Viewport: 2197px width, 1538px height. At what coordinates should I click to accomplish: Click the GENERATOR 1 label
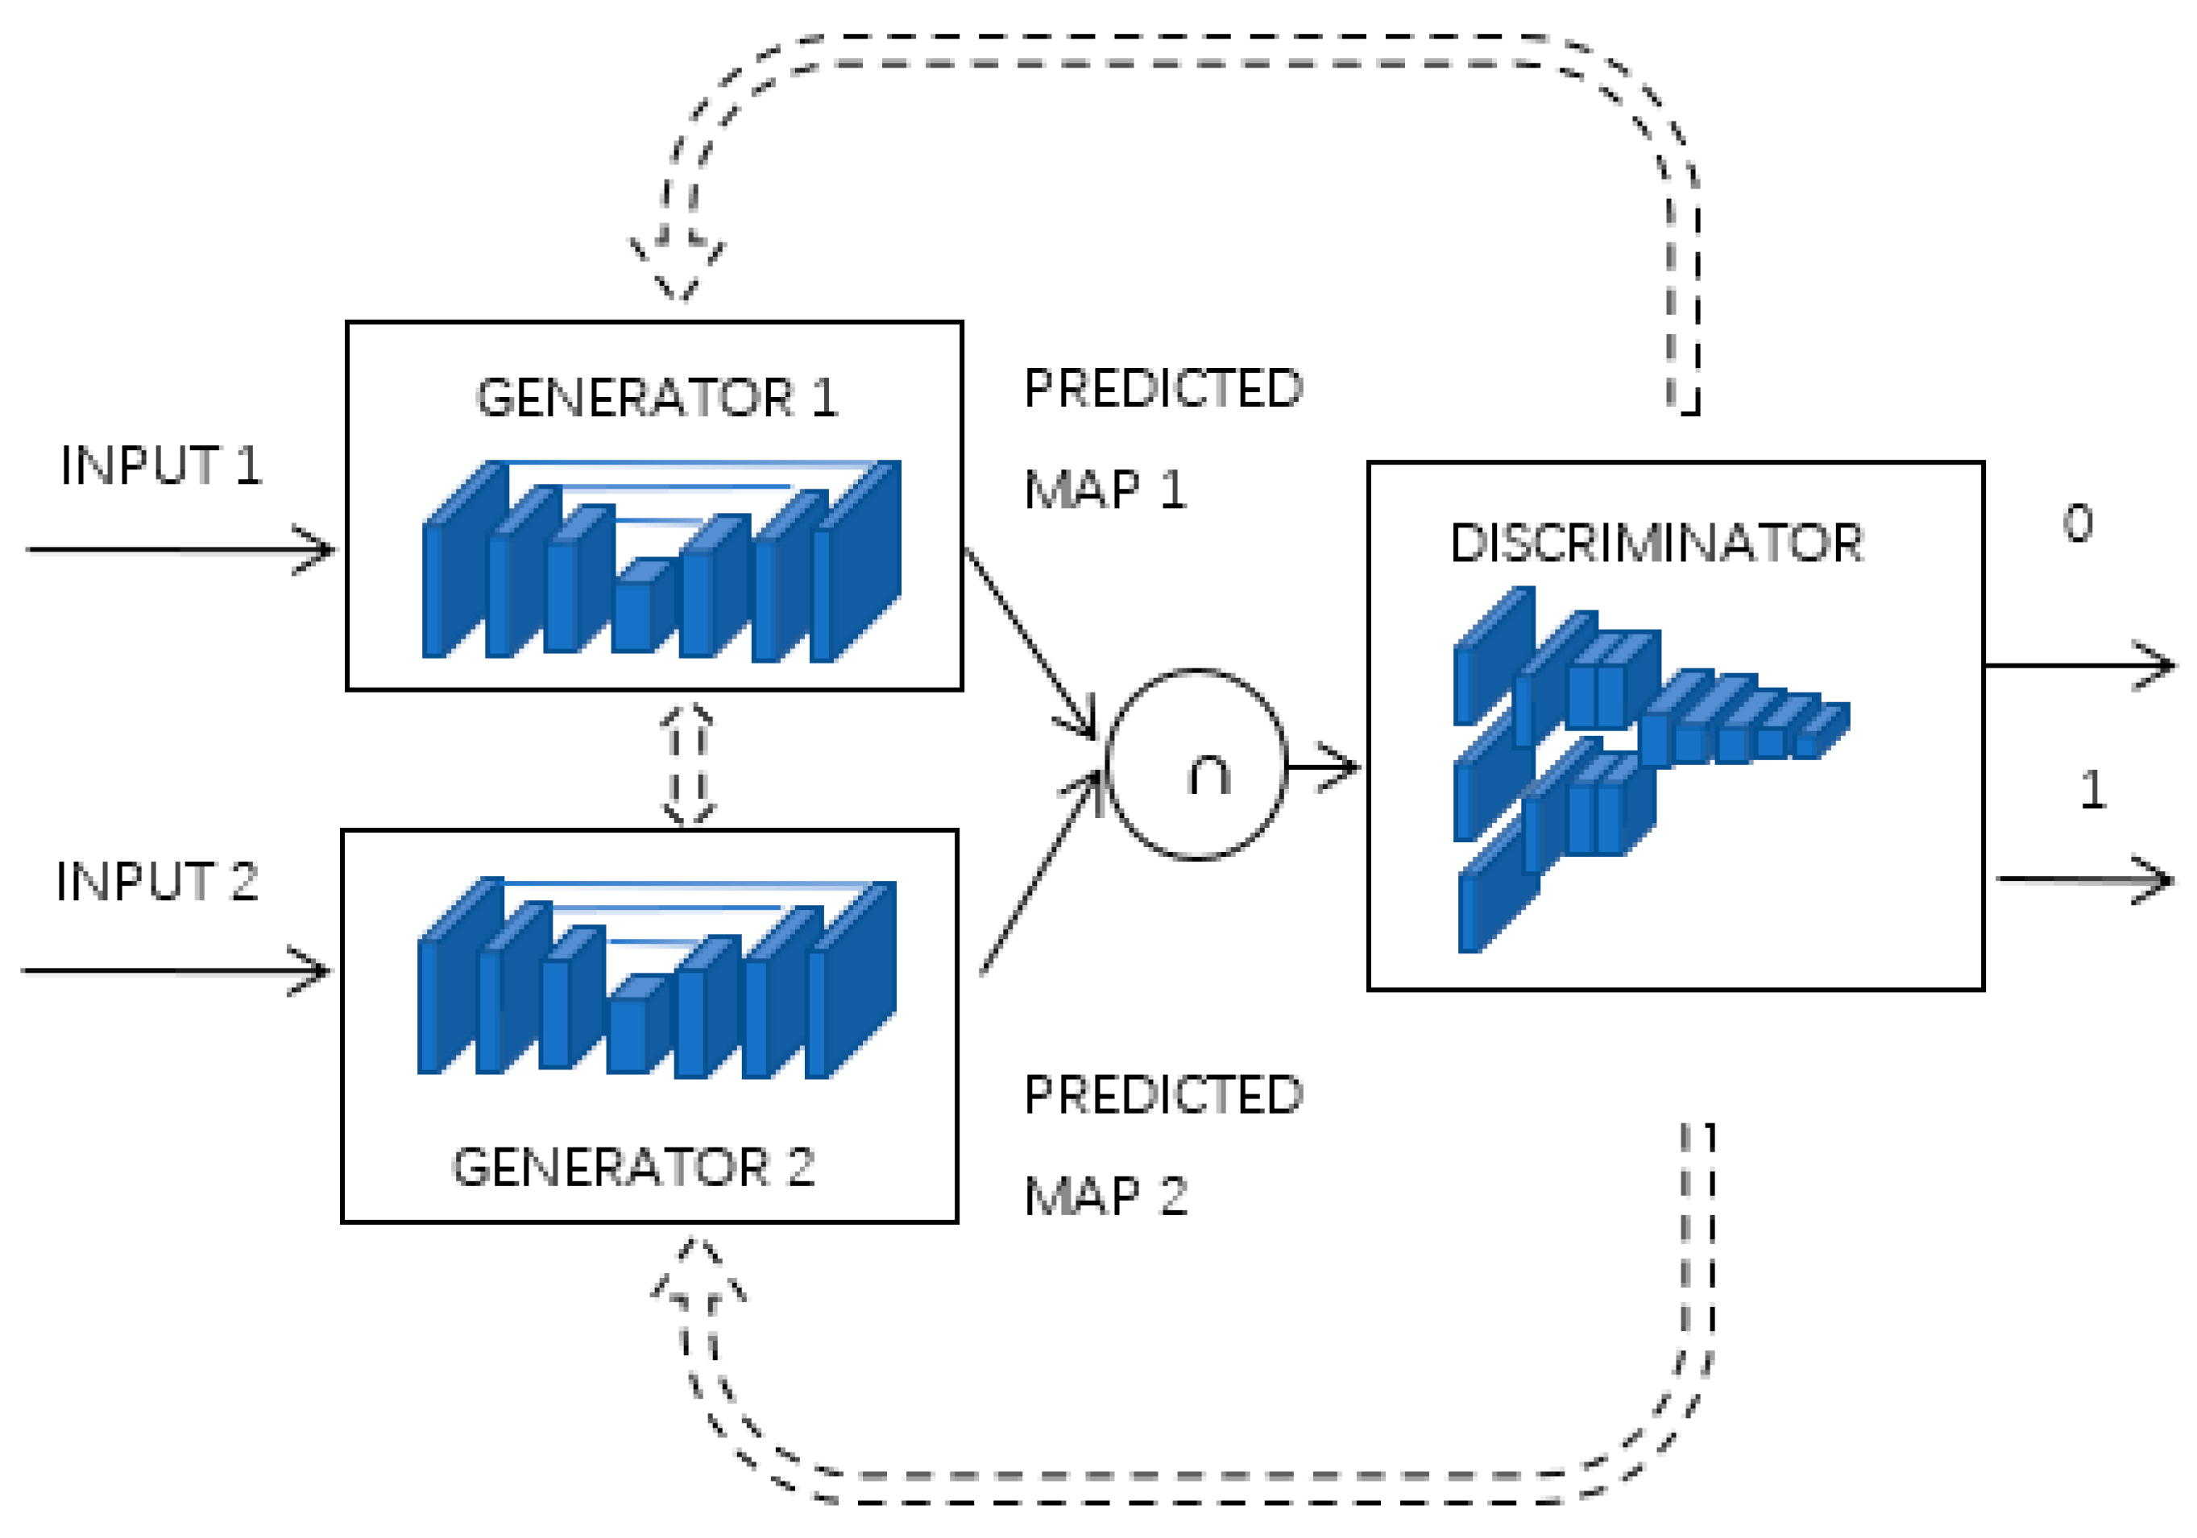pos(657,398)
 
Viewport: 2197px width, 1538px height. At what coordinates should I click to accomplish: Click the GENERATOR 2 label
pos(632,1167)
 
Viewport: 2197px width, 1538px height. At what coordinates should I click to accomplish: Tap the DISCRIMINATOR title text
pos(1656,544)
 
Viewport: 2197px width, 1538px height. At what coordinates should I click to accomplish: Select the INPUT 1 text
pos(161,465)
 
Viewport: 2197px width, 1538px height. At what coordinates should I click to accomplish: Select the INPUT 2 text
pos(157,881)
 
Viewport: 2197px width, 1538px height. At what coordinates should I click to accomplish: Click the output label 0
pos(2076,523)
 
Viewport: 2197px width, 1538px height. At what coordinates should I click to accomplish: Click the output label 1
pos(2093,790)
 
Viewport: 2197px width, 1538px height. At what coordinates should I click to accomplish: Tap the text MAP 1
pos(1105,490)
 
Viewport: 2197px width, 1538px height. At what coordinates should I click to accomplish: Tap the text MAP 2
pos(1105,1196)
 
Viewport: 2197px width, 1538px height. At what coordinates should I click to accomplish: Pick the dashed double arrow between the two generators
pos(688,764)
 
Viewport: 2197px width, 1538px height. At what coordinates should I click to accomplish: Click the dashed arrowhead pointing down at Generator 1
pos(678,273)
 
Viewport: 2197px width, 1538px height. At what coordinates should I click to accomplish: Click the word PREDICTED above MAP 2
pos(1163,1094)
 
